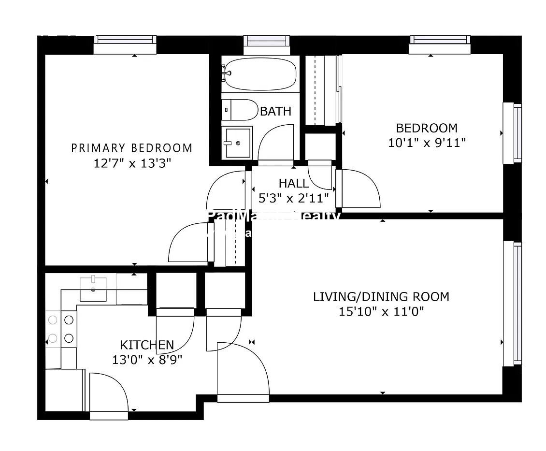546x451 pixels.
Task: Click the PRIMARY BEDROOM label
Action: click(x=131, y=148)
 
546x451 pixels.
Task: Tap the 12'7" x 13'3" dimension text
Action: click(x=132, y=163)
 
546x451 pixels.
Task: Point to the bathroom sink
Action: click(x=237, y=143)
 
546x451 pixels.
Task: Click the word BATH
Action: click(x=276, y=111)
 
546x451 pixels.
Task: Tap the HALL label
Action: click(x=293, y=183)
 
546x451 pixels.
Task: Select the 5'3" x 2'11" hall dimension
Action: click(x=294, y=197)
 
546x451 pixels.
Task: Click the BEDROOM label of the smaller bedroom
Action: click(x=426, y=128)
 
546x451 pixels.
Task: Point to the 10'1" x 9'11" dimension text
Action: click(x=426, y=143)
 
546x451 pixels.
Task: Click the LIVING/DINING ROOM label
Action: click(x=381, y=296)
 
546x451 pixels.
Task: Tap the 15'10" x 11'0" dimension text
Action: click(x=381, y=311)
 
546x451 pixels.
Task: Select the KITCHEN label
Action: click(x=147, y=345)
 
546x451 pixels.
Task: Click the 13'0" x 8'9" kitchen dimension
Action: click(x=147, y=360)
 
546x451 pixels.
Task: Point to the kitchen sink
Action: click(x=93, y=289)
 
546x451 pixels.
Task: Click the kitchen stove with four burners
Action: click(x=61, y=329)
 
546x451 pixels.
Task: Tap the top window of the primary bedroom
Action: click(x=125, y=45)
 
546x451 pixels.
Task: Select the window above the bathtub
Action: click(x=267, y=45)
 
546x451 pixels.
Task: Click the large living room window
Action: click(x=512, y=303)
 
